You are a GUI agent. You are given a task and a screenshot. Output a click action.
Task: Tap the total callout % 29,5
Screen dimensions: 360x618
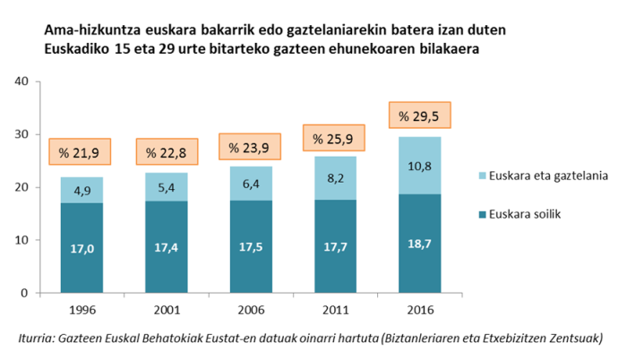pos(419,116)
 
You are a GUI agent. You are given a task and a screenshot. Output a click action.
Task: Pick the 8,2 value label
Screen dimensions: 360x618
pos(334,177)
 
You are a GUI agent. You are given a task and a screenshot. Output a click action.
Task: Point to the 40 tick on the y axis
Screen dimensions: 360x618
pos(22,81)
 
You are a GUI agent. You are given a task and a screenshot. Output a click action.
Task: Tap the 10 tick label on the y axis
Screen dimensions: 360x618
pos(22,240)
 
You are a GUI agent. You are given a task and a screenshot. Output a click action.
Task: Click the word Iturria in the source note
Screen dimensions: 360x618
pos(38,338)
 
